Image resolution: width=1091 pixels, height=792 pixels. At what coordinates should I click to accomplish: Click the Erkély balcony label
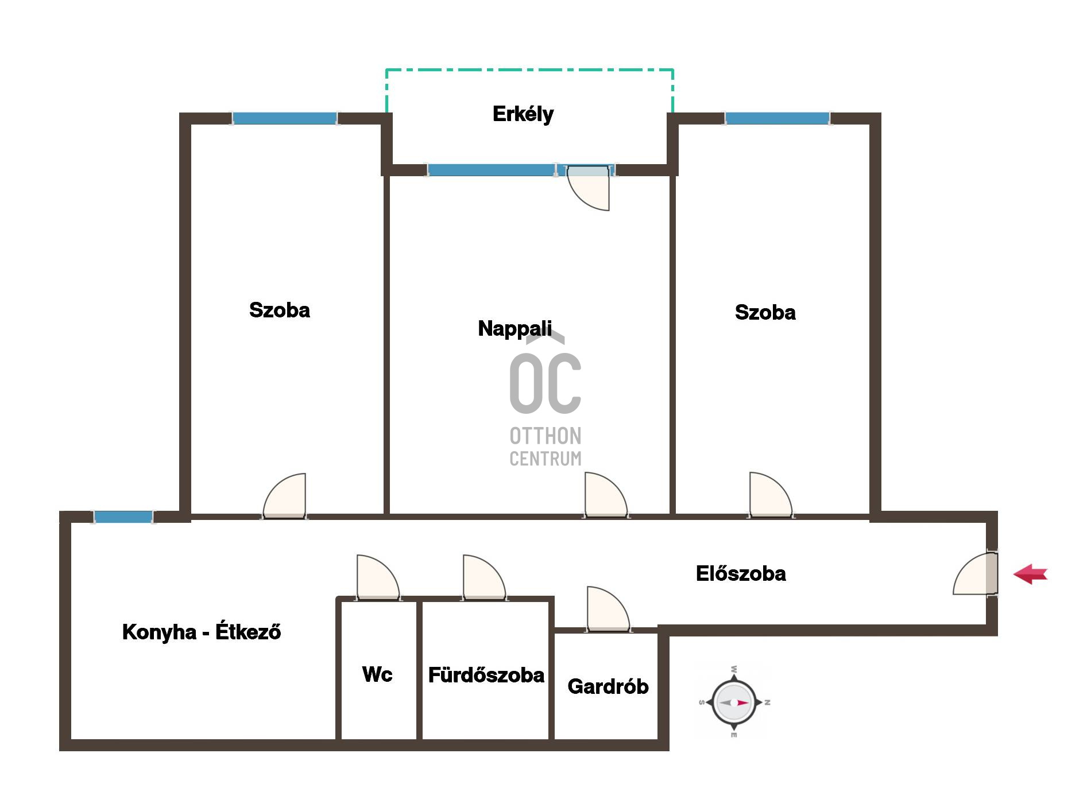click(x=523, y=114)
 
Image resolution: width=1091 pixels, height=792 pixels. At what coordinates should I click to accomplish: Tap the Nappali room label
click(x=514, y=328)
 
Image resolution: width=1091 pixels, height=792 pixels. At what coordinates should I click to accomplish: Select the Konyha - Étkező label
click(x=202, y=631)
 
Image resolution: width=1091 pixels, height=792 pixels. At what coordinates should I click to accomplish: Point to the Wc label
click(x=377, y=674)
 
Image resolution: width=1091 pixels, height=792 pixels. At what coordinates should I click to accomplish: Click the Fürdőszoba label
click(x=486, y=674)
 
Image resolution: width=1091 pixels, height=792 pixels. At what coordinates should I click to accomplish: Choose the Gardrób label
click(x=608, y=686)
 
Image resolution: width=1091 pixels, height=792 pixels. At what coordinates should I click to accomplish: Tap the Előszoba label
click(x=741, y=573)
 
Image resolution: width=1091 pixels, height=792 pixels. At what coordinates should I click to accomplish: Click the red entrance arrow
click(x=1030, y=574)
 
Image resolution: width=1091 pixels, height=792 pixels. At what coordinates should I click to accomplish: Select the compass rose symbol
click(x=734, y=702)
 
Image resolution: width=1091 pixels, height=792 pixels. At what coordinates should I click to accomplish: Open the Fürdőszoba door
click(x=484, y=577)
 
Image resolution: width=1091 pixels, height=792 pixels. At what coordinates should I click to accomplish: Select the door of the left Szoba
click(x=284, y=496)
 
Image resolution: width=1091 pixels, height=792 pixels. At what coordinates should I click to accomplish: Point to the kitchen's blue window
click(x=123, y=517)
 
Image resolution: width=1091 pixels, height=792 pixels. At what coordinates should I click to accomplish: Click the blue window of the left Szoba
click(x=284, y=118)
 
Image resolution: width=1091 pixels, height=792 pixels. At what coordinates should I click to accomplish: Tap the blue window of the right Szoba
click(x=777, y=118)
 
